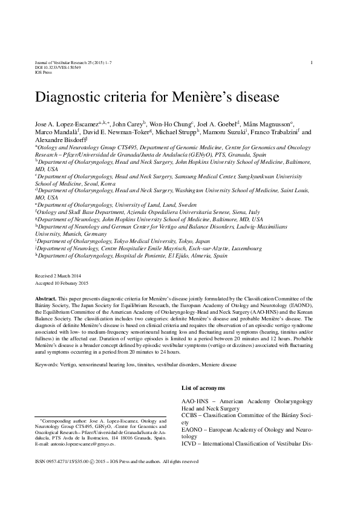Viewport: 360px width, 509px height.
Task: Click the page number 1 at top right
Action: pyautogui.click(x=311, y=63)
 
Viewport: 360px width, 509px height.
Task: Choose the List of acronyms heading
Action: pyautogui.click(x=203, y=387)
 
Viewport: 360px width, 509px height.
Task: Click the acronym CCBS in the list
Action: pyautogui.click(x=191, y=415)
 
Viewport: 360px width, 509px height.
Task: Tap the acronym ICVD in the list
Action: pyautogui.click(x=191, y=443)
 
